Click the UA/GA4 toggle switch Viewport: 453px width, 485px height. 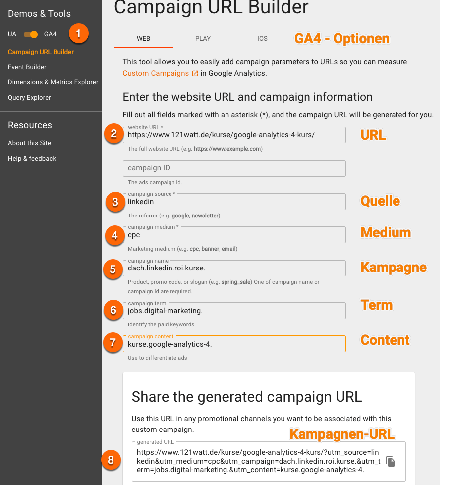pyautogui.click(x=31, y=34)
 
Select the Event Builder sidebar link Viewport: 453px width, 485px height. pyautogui.click(x=27, y=67)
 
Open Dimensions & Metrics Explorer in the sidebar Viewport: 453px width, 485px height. pyautogui.click(x=53, y=82)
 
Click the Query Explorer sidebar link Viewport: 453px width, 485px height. pyautogui.click(x=29, y=98)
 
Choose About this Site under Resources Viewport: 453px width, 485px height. pyautogui.click(x=29, y=143)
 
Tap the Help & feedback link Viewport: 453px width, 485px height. pyautogui.click(x=32, y=159)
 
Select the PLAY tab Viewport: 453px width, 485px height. pyautogui.click(x=203, y=38)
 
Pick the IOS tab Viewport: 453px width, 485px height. pyautogui.click(x=262, y=38)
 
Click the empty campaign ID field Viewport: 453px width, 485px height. pyautogui.click(x=234, y=168)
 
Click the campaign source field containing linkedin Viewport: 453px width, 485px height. pyautogui.click(x=234, y=202)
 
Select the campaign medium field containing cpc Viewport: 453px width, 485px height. pyautogui.click(x=234, y=235)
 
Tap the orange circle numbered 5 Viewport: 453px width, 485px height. pyautogui.click(x=113, y=269)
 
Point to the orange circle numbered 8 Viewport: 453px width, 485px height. pyautogui.click(x=111, y=460)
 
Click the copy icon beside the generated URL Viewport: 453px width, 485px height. pyautogui.click(x=391, y=462)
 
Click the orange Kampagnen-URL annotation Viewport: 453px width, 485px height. pyautogui.click(x=342, y=434)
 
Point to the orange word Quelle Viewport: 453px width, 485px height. pyautogui.click(x=380, y=201)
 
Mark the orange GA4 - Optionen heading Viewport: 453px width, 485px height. pyautogui.click(x=342, y=38)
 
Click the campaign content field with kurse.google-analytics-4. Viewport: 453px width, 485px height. pyautogui.click(x=234, y=344)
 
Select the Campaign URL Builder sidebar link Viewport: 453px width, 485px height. pyautogui.click(x=41, y=52)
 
